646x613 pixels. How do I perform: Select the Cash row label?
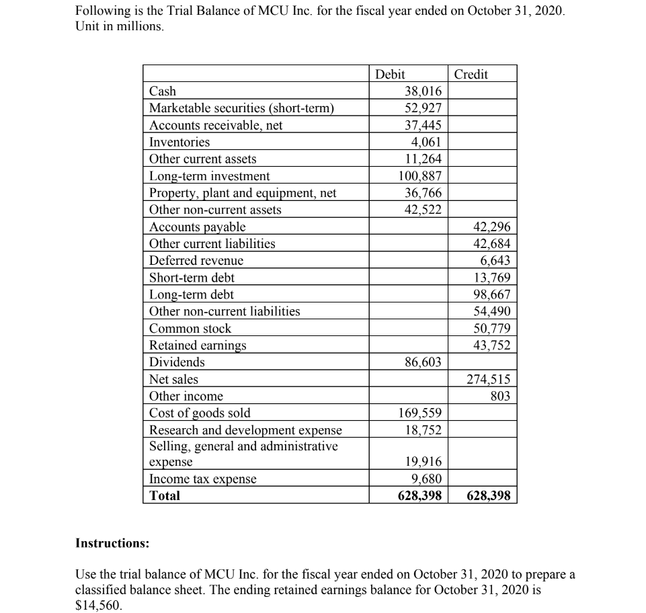[163, 91]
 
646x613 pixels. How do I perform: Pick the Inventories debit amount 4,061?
[426, 142]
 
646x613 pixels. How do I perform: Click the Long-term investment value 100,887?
[419, 176]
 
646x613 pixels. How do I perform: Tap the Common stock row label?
[190, 329]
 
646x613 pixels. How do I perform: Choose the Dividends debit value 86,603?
[423, 362]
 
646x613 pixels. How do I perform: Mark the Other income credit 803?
[501, 397]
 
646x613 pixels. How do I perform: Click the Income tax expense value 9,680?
[426, 479]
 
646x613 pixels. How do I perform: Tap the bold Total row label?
[165, 496]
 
